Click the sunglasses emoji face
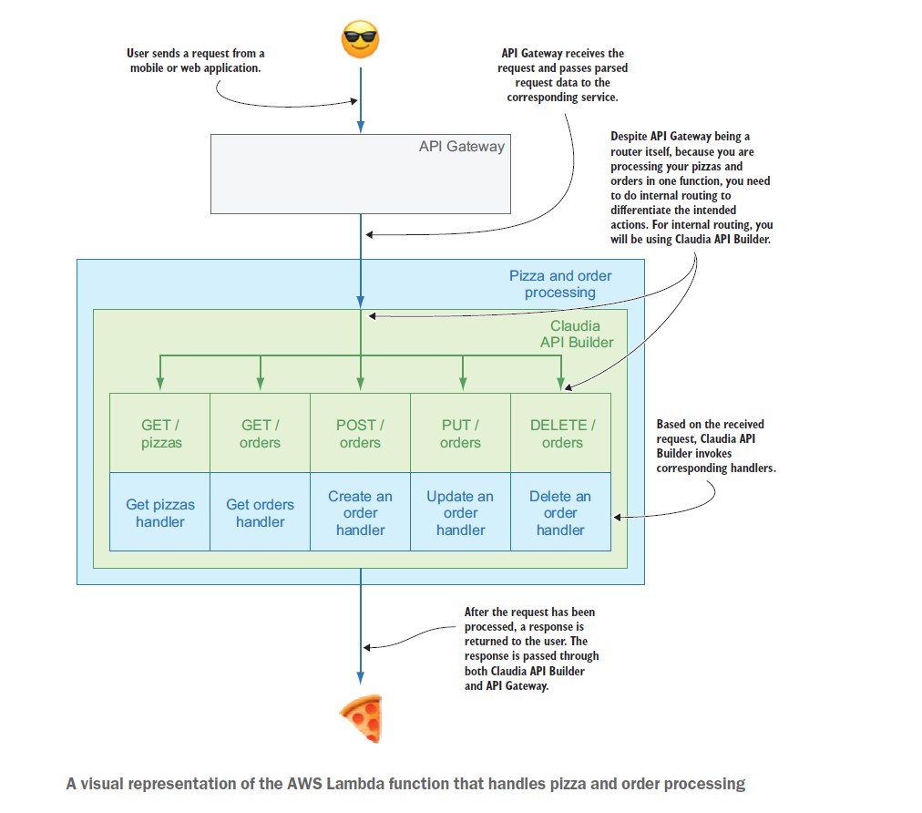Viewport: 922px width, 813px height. (360, 39)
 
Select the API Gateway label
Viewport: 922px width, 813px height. (462, 147)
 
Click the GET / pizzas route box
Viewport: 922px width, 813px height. (160, 433)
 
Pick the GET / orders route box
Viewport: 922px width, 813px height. (260, 433)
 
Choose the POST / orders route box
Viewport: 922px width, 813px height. (361, 433)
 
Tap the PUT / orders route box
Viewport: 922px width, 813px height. (460, 433)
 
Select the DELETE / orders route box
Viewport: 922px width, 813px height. (561, 433)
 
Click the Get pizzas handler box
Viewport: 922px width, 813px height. (160, 512)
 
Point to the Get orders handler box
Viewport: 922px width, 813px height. (260, 512)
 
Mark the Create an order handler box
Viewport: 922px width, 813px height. (361, 512)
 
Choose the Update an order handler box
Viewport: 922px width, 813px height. (460, 512)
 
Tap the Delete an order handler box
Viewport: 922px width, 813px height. (561, 512)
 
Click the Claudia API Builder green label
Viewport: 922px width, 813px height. (577, 334)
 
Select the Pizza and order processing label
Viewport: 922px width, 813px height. (560, 284)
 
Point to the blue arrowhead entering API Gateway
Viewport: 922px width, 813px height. (361, 127)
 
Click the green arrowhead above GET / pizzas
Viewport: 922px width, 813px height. (160, 383)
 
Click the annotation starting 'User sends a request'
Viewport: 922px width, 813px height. (195, 60)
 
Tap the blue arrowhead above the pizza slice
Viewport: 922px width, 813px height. (361, 678)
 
